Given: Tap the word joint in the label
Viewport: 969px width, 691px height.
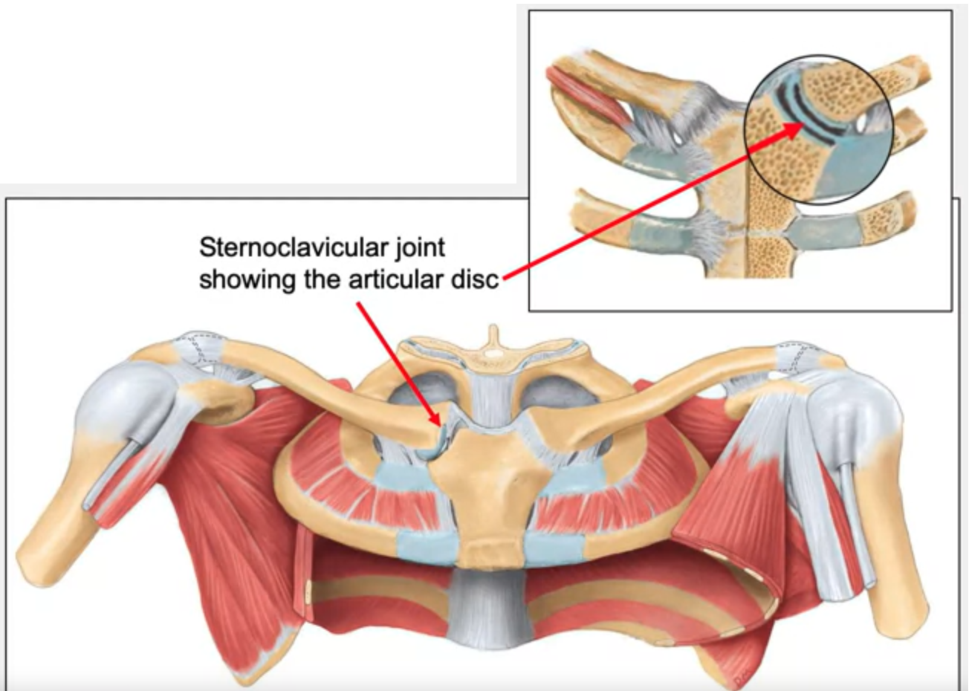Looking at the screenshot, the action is pyautogui.click(x=420, y=248).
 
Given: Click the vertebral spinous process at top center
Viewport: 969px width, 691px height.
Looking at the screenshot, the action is pyautogui.click(x=491, y=339).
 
